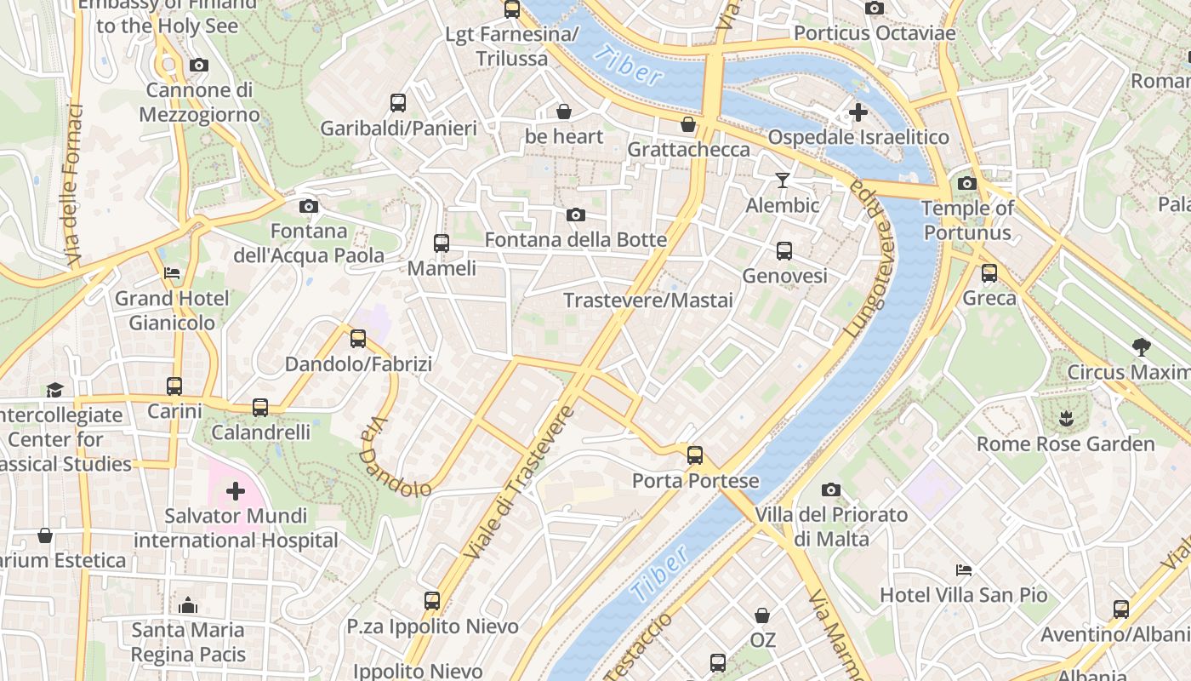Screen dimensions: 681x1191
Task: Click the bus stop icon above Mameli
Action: [x=441, y=243]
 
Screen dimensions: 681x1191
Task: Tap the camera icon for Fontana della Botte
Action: [x=576, y=215]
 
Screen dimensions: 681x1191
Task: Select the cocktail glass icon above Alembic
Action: [x=783, y=180]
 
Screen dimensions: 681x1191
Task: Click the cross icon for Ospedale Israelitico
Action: [x=858, y=112]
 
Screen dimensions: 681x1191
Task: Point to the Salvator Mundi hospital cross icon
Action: [x=236, y=490]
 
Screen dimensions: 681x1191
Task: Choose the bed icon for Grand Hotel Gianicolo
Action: [x=172, y=273]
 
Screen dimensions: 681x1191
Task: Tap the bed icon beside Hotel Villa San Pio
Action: [x=963, y=569]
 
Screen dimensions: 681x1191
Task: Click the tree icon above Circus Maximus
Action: [x=1141, y=346]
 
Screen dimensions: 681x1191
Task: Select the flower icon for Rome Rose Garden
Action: [x=1065, y=418]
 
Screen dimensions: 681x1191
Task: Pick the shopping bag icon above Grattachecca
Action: [x=688, y=124]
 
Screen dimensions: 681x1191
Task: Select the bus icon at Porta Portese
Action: [x=695, y=455]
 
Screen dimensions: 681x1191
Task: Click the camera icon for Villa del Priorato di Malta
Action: [x=831, y=489]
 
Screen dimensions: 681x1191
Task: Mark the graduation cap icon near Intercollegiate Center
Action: [x=55, y=389]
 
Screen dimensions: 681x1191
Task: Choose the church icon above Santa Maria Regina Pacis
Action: [x=188, y=605]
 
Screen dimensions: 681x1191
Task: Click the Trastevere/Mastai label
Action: [x=648, y=300]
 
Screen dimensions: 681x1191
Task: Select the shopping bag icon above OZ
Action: [x=762, y=615]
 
